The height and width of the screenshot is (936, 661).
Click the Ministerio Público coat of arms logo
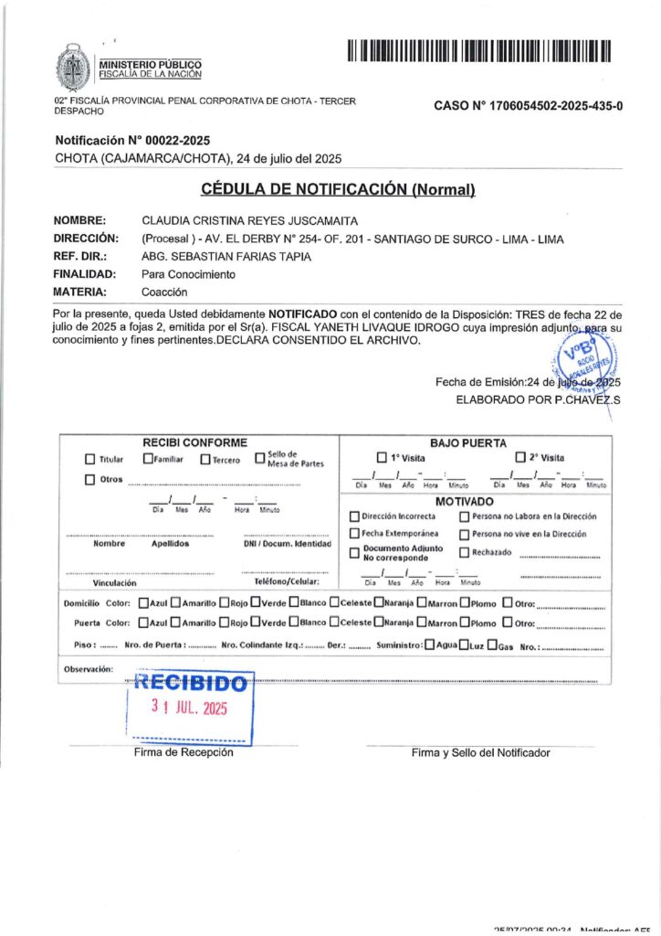coord(74,67)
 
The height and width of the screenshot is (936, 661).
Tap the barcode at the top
coord(478,51)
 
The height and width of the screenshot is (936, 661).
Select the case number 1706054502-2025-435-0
coord(529,106)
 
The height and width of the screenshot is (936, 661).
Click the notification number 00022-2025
coord(132,141)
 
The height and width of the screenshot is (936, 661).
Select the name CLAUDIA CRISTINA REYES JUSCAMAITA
coord(250,220)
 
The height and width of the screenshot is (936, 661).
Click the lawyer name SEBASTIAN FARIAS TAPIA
coord(238,256)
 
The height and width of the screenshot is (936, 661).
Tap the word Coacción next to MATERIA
coord(164,292)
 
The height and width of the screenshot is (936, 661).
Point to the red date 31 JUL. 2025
coord(189,707)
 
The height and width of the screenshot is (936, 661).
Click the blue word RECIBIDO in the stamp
coord(190,683)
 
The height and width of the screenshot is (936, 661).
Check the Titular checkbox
coord(89,460)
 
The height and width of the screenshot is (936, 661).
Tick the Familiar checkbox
coord(148,459)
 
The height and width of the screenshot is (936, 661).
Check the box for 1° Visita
coord(382,457)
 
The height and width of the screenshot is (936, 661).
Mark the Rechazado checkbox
coord(464,552)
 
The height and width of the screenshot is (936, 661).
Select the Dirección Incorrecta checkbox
coord(354,517)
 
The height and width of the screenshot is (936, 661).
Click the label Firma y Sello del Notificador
coord(480,752)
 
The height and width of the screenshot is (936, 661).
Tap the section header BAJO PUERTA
coord(467,442)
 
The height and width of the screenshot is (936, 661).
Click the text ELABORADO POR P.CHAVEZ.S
coord(538,399)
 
